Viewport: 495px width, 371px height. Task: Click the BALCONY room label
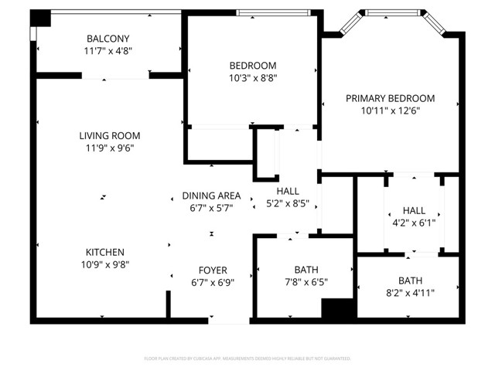108,39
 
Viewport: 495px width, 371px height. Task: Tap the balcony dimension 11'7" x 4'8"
108,52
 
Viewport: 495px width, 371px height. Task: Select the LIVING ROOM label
109,136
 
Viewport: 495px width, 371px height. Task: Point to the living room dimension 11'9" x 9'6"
109,149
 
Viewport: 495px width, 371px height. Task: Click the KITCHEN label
105,252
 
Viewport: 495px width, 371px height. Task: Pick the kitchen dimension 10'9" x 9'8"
105,264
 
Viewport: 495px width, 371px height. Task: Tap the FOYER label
213,271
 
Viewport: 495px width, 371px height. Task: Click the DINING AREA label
211,196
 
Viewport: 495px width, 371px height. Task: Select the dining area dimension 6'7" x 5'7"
211,208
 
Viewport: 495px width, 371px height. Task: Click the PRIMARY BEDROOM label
390,98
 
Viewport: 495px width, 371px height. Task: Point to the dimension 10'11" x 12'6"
390,111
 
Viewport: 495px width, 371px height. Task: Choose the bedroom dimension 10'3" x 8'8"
252,78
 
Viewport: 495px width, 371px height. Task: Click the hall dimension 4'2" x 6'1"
414,223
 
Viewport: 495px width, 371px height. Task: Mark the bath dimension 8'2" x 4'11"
410,292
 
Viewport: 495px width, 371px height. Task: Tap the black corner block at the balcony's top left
41,18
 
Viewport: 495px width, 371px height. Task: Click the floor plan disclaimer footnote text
247,359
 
